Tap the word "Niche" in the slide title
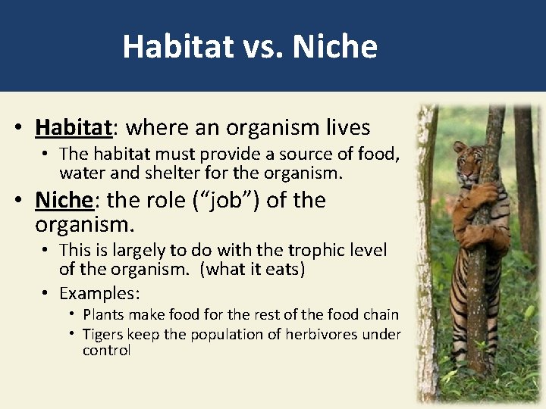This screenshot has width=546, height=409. click(x=334, y=47)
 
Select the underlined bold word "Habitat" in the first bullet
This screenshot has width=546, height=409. click(x=74, y=126)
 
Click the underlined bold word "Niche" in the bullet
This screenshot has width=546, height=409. click(x=64, y=201)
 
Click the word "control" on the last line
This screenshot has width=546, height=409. click(x=107, y=351)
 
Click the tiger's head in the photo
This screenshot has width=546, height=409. click(x=468, y=156)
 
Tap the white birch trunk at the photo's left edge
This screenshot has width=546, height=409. click(x=427, y=250)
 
